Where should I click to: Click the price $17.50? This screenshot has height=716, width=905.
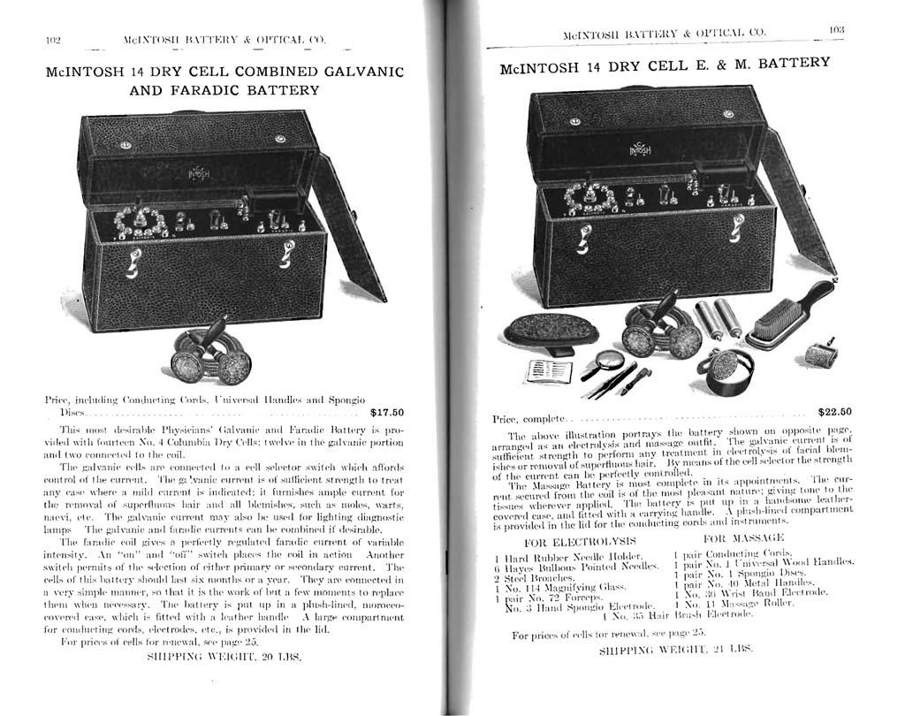(x=386, y=412)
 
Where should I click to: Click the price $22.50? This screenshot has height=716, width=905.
(x=834, y=411)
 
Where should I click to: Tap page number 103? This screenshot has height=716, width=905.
(x=837, y=29)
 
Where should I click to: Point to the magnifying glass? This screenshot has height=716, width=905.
(x=610, y=360)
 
